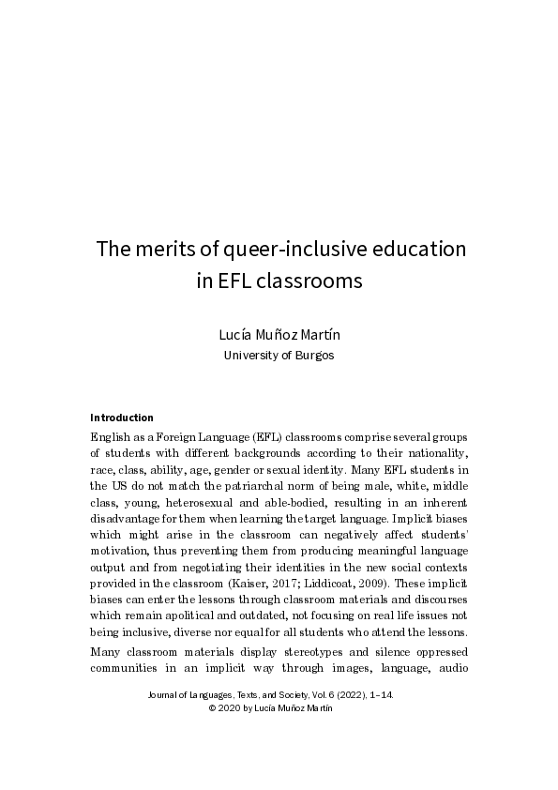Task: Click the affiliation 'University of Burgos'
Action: (x=278, y=356)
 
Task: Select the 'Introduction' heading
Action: (x=122, y=418)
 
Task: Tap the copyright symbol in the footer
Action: (x=212, y=708)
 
